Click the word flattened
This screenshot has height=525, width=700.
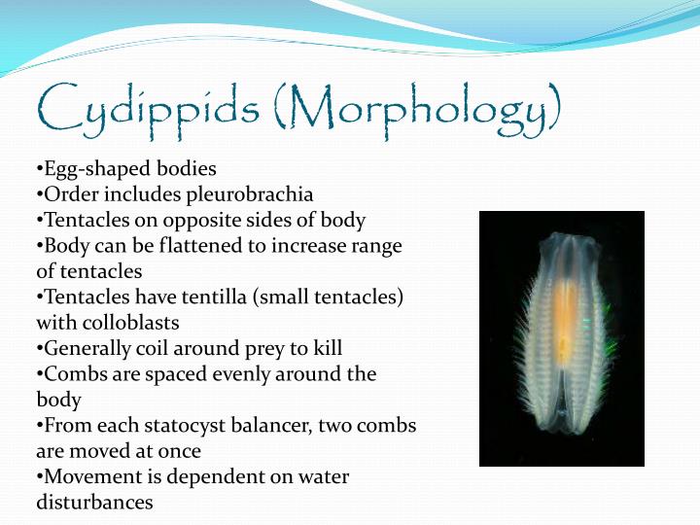click(x=193, y=246)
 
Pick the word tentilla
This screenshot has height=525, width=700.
click(x=227, y=297)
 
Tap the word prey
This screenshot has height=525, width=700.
click(x=261, y=348)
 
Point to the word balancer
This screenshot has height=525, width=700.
click(x=272, y=426)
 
